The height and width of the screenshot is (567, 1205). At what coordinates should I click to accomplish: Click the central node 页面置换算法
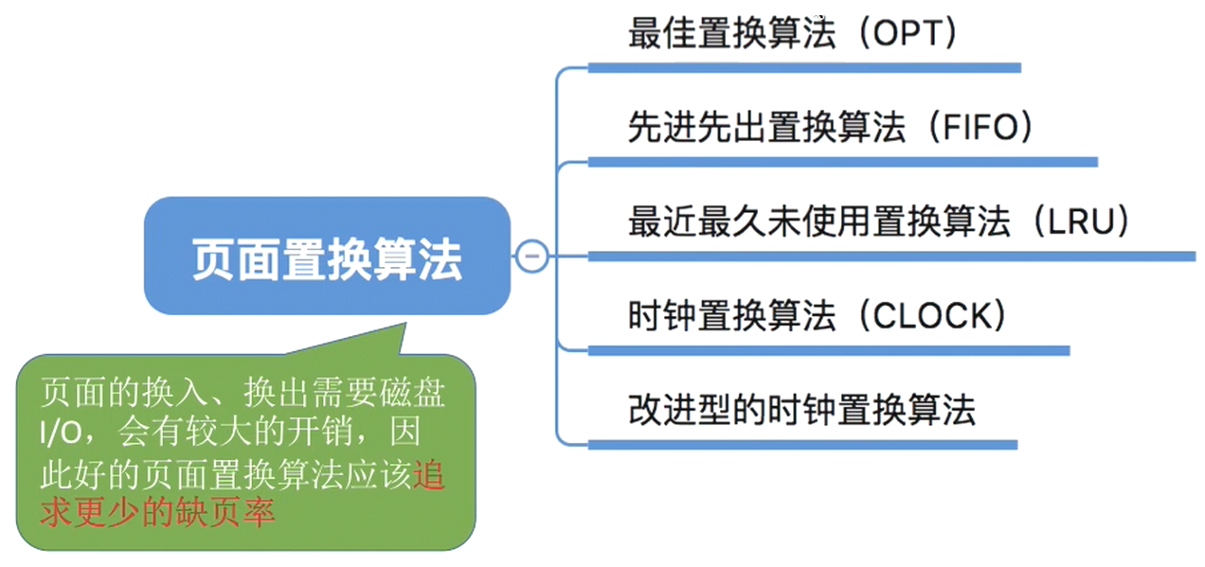tap(327, 257)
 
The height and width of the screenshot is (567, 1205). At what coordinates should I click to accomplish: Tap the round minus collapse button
tap(532, 256)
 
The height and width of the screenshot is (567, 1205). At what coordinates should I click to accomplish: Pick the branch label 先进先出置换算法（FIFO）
tap(830, 128)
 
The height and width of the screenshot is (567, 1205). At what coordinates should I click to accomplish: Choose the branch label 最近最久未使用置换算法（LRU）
tap(880, 222)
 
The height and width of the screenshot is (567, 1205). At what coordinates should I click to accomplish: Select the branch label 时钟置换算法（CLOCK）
tap(816, 316)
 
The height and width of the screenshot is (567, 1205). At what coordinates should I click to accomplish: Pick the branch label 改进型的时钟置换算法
tap(801, 410)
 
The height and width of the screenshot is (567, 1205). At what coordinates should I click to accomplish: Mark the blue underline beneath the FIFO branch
tap(842, 162)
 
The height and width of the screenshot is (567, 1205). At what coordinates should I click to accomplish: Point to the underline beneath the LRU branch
tap(890, 256)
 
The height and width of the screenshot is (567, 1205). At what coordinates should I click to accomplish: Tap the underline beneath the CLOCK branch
tap(828, 350)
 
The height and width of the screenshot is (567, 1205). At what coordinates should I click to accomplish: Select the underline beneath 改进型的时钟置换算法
tap(801, 444)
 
